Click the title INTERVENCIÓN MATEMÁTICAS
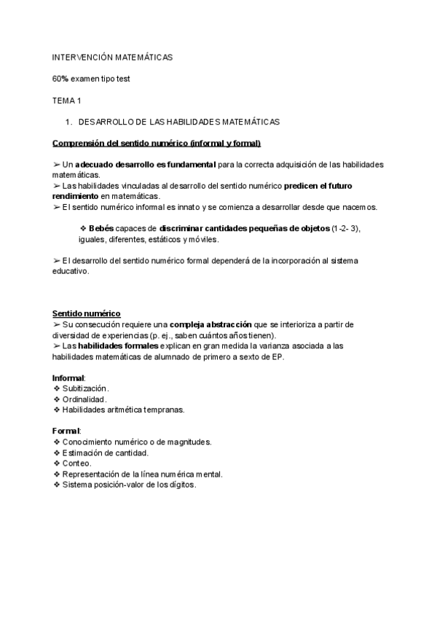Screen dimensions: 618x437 [x=112, y=57]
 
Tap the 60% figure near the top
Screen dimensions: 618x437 [x=60, y=79]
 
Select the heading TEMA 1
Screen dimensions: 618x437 [x=67, y=100]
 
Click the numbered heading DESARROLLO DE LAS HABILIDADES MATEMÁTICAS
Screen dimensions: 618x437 [x=178, y=122]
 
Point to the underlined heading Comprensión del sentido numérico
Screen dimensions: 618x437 [x=157, y=143]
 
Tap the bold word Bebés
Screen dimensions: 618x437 [x=101, y=229]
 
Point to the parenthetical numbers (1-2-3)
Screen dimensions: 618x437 [x=345, y=229]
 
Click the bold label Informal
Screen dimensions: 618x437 [x=68, y=378]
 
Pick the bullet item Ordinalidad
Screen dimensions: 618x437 [x=84, y=399]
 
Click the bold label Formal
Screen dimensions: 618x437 [x=66, y=431]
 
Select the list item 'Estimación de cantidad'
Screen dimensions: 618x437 [x=105, y=453]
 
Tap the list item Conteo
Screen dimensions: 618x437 [x=76, y=463]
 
